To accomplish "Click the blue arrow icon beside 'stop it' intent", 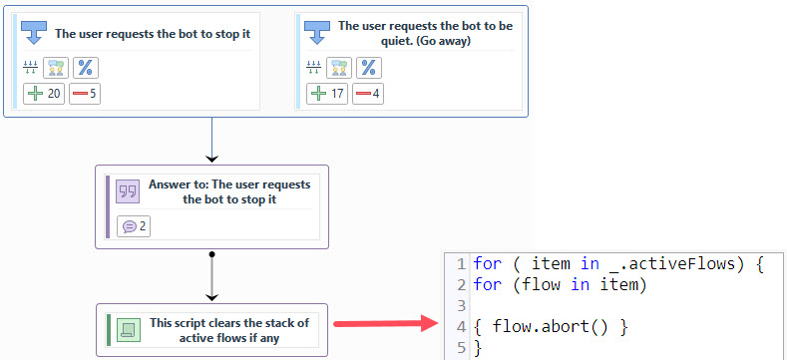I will click(x=35, y=33).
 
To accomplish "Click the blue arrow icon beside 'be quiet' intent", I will click(x=317, y=33).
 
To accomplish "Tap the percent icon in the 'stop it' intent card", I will click(x=87, y=67).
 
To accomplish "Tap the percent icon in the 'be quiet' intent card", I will click(x=369, y=67).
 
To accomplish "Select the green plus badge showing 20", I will click(x=45, y=94).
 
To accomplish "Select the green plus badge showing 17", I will click(x=327, y=94).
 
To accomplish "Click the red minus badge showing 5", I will click(x=85, y=94).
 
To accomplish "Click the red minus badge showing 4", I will click(x=368, y=94).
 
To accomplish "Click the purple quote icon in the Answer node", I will click(x=127, y=190).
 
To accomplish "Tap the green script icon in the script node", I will click(x=127, y=329).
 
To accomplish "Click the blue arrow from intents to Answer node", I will click(x=211, y=140).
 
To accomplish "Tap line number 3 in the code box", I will click(x=460, y=305).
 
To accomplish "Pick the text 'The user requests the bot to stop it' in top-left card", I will click(x=153, y=33).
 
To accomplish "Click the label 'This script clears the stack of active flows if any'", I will click(x=229, y=329).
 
